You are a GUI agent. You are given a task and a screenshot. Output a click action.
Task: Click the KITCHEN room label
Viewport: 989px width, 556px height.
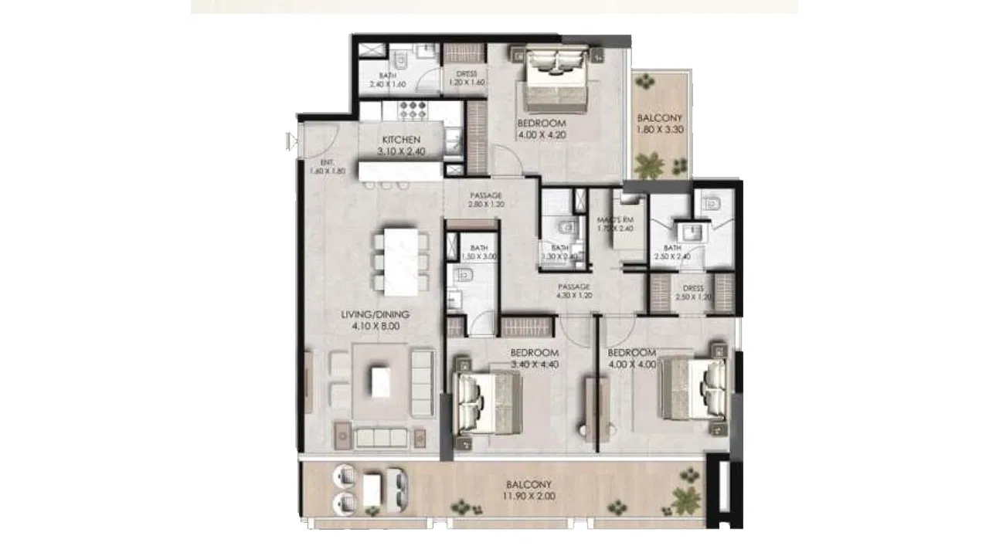click(x=401, y=140)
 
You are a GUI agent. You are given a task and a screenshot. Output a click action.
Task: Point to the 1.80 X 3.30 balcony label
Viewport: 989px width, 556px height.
click(x=659, y=130)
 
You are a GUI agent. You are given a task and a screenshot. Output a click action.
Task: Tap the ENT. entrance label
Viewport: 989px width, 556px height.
click(x=327, y=161)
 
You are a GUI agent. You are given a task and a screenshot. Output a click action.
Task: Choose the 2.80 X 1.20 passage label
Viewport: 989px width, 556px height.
click(x=486, y=205)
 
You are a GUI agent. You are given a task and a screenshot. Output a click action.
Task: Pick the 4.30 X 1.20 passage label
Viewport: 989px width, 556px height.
click(x=574, y=293)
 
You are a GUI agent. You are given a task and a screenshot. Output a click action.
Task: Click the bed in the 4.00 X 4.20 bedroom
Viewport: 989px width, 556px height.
click(x=555, y=79)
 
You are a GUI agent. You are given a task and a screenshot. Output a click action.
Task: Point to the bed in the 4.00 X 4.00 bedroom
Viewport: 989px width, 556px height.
click(x=692, y=389)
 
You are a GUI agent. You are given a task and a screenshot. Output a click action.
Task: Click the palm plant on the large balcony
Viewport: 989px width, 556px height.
click(x=685, y=499)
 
